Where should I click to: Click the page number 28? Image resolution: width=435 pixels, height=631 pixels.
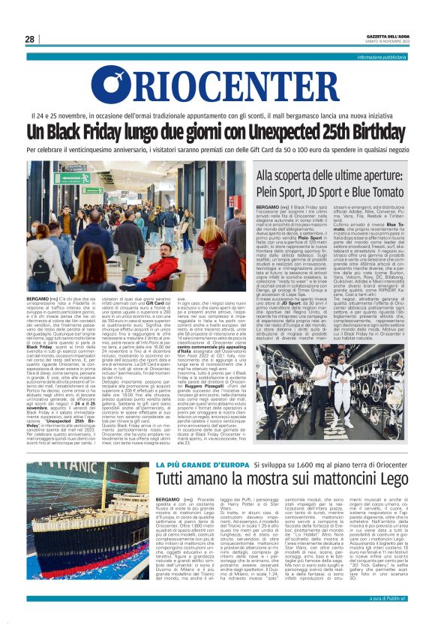point(29,39)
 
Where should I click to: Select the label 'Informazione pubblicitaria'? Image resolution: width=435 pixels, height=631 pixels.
point(382,57)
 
